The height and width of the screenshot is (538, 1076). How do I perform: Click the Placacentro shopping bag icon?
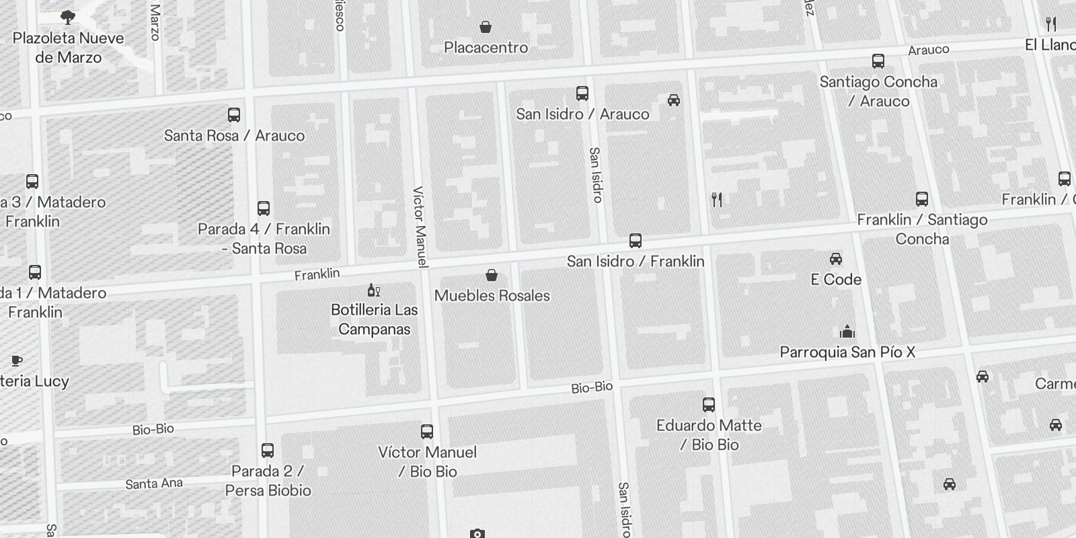(486, 27)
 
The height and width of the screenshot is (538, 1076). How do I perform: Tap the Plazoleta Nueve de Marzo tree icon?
(67, 17)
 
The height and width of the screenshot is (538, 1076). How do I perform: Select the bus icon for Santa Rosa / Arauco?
(234, 115)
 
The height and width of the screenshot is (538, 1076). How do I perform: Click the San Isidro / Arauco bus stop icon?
(582, 93)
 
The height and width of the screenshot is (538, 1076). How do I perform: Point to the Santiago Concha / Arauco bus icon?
(878, 61)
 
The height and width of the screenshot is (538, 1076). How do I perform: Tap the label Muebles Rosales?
(492, 295)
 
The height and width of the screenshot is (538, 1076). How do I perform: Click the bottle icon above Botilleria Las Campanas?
(373, 290)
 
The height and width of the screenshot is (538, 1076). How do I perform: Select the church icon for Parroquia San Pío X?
(847, 332)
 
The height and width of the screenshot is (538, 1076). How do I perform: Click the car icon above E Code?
(836, 259)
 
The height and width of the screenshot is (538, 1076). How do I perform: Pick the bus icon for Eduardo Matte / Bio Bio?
(709, 405)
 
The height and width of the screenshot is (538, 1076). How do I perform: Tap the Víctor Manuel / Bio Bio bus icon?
(427, 432)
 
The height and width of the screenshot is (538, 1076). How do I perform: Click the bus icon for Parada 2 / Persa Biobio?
(268, 451)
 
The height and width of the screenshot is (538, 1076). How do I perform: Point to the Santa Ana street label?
(154, 484)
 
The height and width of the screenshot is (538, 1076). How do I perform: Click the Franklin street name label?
(317, 274)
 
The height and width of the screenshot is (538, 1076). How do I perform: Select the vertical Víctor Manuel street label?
(420, 226)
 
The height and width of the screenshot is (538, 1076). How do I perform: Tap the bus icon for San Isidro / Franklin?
(636, 241)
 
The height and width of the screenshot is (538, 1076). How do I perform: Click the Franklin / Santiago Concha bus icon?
(922, 199)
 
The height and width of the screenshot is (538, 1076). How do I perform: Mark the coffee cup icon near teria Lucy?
(17, 361)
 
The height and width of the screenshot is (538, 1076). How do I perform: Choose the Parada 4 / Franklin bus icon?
(264, 208)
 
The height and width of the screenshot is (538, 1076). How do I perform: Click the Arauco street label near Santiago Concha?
(928, 50)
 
